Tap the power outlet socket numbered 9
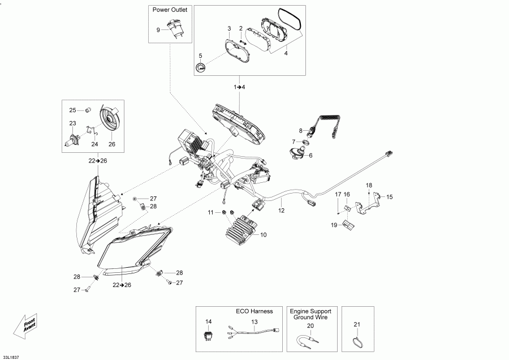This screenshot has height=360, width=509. coord(175,29)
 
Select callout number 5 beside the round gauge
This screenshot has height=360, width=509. coord(200,55)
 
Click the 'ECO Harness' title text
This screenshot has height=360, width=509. coord(254,311)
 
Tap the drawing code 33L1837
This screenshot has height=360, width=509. coord(10,358)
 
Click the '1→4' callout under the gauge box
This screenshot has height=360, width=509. coord(239,87)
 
